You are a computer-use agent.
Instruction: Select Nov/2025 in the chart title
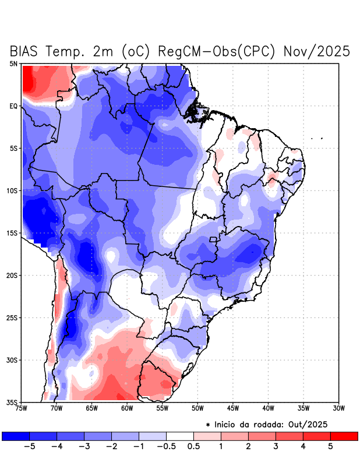(317, 51)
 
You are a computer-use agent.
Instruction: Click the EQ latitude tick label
(13, 106)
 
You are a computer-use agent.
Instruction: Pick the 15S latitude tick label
(12, 233)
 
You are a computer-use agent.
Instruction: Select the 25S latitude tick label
(12, 318)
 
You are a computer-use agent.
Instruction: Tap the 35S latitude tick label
(12, 403)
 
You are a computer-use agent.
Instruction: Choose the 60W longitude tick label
(126, 408)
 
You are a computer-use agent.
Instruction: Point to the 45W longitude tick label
(233, 408)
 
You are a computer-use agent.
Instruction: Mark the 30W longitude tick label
(338, 408)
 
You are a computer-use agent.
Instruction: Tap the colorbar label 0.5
(194, 447)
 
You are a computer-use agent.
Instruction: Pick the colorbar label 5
(330, 447)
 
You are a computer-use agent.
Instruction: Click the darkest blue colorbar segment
(16, 436)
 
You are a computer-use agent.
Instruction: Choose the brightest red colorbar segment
(344, 436)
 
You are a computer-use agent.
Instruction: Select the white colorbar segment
(180, 436)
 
